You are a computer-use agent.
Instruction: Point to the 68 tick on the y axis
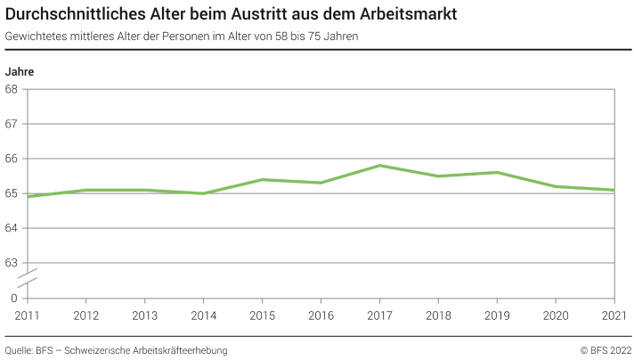12,89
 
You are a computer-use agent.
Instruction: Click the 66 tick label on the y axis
12,159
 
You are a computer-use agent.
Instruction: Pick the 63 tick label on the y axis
12,263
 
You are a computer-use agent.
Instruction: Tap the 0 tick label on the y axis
14,298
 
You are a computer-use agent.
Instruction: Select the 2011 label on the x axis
28,315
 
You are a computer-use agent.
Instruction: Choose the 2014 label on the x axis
204,315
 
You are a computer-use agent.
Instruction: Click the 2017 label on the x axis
380,315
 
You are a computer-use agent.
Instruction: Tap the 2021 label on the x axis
614,315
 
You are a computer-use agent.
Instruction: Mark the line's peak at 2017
380,166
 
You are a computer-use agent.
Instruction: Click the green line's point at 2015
263,179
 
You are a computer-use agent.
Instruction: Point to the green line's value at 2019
497,172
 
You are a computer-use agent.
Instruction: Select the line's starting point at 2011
28,196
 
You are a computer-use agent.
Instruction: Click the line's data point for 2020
556,186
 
